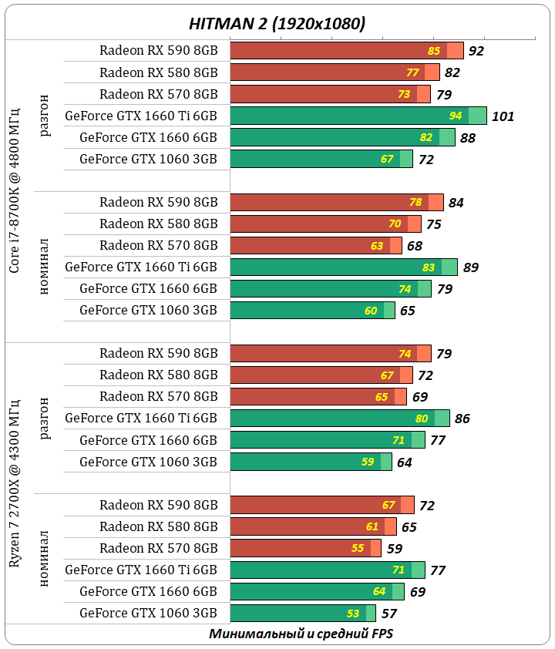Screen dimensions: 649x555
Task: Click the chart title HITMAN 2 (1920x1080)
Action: pos(277,23)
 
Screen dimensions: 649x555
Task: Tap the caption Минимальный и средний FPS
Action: pos(301,634)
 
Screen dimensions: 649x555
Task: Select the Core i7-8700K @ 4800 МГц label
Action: pos(15,190)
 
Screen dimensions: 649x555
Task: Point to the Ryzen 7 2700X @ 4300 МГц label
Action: pos(15,483)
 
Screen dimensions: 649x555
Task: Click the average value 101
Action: pos(503,116)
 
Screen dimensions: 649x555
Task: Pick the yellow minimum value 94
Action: pos(456,116)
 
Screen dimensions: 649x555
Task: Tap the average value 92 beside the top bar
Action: pos(476,52)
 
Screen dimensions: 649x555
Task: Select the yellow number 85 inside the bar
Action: pos(434,51)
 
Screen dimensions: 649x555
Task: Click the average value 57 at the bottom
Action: pos(388,614)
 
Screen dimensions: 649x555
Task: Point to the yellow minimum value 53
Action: pos(353,614)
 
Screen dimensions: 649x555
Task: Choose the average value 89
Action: pos(471,267)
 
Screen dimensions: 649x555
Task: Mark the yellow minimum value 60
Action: pos(371,311)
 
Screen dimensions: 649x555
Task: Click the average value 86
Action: pos(462,419)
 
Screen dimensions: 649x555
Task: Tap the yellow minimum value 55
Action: pos(358,548)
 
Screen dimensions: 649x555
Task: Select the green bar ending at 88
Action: pos(342,137)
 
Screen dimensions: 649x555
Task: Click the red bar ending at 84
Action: pos(337,202)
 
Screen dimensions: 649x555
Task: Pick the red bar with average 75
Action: pos(325,224)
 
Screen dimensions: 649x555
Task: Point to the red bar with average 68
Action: pos(316,245)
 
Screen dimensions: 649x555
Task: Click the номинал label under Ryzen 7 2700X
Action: pos(43,559)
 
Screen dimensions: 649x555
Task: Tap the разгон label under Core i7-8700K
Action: pos(43,116)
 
